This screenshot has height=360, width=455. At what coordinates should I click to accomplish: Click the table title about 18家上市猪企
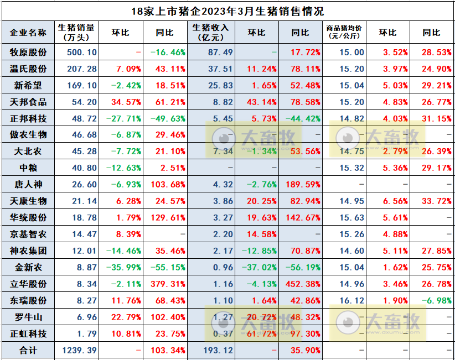[x=228, y=11]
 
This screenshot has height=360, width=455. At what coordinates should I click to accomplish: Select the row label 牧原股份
[x=28, y=53]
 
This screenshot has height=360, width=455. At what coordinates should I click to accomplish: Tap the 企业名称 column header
[x=28, y=33]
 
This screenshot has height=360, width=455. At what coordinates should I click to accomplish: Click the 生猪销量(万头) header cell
[x=76, y=33]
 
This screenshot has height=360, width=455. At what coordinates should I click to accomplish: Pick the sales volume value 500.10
[x=76, y=53]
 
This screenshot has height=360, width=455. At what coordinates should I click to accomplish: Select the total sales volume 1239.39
[x=76, y=351]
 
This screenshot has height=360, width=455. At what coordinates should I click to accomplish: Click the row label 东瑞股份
[x=28, y=301]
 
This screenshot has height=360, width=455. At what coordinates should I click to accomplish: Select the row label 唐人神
[x=28, y=185]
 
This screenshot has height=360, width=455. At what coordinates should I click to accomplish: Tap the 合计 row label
[x=28, y=351]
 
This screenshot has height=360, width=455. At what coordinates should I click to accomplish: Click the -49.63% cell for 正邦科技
[x=168, y=119]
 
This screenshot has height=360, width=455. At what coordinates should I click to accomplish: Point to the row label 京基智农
[x=28, y=234]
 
